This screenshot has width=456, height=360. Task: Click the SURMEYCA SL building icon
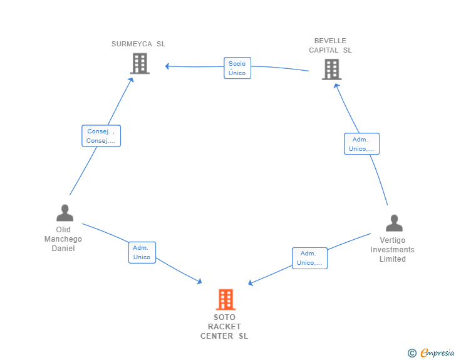(x=140, y=63)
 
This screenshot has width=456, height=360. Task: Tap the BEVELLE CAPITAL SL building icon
(x=331, y=69)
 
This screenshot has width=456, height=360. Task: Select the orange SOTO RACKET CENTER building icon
(x=225, y=299)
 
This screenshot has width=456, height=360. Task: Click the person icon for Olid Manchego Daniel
(x=65, y=213)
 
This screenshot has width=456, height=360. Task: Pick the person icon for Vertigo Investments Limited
(x=393, y=223)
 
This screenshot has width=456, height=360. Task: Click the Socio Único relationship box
(x=237, y=68)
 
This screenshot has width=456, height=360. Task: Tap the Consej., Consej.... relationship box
(x=101, y=136)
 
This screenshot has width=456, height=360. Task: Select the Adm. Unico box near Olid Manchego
(x=142, y=252)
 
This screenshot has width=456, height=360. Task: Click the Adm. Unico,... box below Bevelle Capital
(x=361, y=144)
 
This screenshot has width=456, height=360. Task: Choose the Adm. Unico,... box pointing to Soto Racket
(x=309, y=258)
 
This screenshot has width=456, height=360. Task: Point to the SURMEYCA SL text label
(x=138, y=44)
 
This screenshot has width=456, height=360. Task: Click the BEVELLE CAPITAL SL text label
(x=330, y=46)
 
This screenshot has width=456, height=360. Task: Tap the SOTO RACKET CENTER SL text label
(x=224, y=326)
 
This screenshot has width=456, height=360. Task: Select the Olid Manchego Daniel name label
(x=63, y=239)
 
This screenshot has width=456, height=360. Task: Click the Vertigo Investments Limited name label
(x=392, y=249)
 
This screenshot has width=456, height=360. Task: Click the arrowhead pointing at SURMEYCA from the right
(x=167, y=66)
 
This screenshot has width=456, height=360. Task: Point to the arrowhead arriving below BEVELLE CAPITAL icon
(x=336, y=86)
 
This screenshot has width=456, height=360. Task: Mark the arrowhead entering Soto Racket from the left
(x=199, y=282)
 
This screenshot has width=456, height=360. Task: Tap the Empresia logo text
(x=437, y=353)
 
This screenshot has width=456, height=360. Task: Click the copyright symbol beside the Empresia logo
(x=412, y=353)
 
